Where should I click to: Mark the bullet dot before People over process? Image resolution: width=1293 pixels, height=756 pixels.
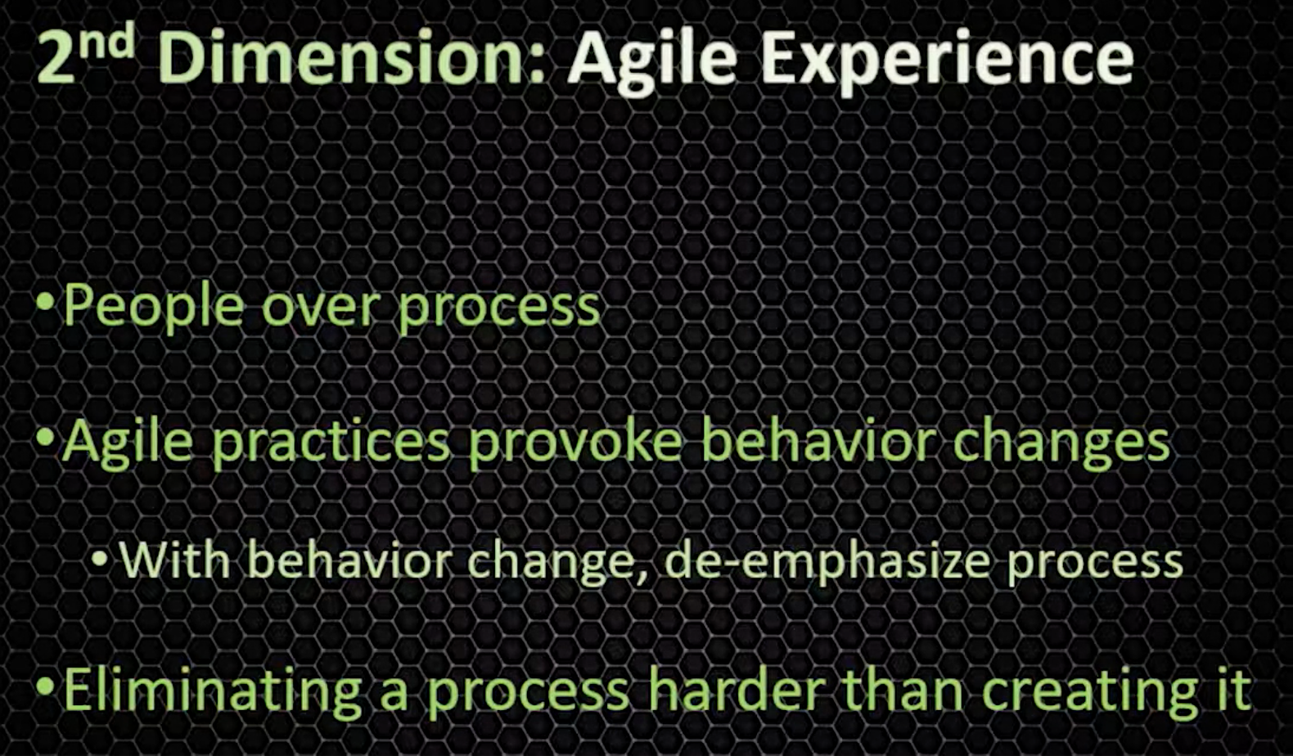click(x=45, y=302)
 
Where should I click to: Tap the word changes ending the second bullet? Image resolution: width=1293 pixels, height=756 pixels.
click(x=1061, y=444)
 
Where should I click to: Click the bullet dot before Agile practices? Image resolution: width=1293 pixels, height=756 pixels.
click(x=45, y=438)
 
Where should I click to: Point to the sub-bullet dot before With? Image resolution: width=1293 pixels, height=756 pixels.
click(x=100, y=558)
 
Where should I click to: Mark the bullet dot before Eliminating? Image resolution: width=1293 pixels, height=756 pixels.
click(x=45, y=686)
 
